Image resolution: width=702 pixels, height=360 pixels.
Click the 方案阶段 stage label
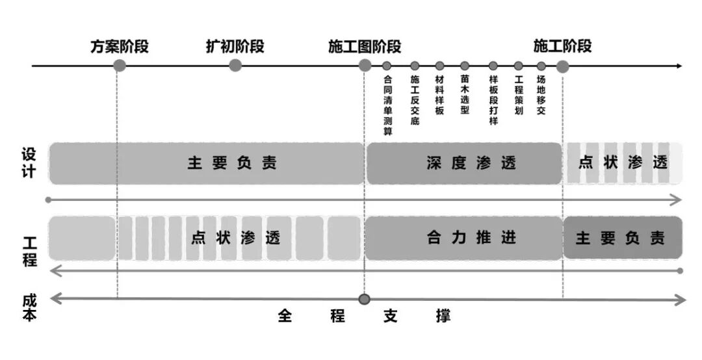coord(120,47)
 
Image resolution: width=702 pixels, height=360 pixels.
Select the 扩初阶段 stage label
coord(235,47)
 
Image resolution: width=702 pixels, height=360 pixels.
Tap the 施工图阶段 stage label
coord(365,47)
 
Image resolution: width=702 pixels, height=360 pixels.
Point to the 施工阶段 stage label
coord(562,47)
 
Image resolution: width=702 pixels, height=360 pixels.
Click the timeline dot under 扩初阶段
coord(235,65)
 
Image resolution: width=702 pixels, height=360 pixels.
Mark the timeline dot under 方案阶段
coord(120,65)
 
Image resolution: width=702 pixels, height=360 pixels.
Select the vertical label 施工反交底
coord(415,100)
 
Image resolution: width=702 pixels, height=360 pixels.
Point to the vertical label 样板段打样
coord(493,100)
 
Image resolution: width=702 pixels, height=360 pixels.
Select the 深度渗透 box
coord(464,163)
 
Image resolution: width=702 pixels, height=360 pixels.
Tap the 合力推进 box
coord(464,238)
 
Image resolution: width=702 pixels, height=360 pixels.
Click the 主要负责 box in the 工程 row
coord(622,238)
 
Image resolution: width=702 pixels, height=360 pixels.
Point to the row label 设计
coord(29,163)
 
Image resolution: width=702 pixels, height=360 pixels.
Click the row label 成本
coord(29,307)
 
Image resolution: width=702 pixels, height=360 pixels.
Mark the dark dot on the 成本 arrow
coord(365,299)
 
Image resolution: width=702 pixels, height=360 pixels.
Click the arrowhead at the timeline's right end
coord(679,66)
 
